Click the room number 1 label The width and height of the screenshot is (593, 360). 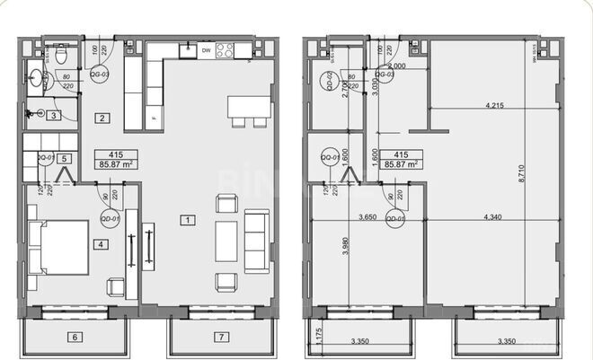(x=186, y=219)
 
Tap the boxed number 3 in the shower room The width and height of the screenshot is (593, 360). (x=54, y=115)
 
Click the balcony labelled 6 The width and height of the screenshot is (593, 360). (x=75, y=337)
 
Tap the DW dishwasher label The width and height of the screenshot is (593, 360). (x=206, y=51)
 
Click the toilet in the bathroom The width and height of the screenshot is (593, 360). (x=61, y=57)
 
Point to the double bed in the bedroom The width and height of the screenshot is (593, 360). (x=59, y=247)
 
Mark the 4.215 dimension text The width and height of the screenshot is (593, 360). (x=494, y=105)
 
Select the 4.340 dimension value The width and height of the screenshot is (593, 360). (x=494, y=216)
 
